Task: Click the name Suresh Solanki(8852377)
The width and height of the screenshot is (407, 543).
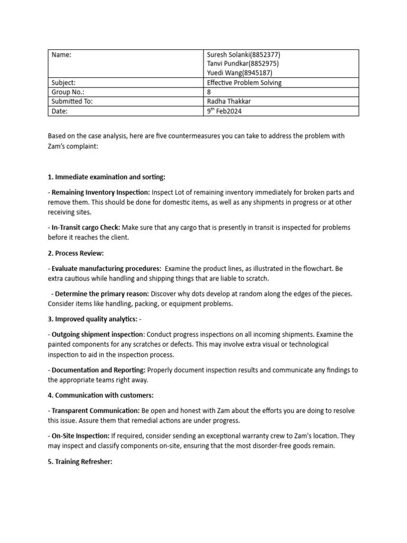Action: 243,55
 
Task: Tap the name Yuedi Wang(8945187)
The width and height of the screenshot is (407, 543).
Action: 240,73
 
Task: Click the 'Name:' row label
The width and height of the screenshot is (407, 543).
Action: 61,55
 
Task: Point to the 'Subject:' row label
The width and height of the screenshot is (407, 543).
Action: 63,83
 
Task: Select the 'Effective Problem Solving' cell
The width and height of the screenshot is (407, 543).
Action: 244,83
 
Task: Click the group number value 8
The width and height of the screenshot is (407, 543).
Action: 209,92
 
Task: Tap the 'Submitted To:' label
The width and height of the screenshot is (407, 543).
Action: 72,101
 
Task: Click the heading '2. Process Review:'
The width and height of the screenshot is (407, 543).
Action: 76,252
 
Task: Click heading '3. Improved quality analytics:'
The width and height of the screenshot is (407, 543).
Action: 92,319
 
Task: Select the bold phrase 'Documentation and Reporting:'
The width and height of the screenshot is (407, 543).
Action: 98,370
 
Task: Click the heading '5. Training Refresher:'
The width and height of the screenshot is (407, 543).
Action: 81,461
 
